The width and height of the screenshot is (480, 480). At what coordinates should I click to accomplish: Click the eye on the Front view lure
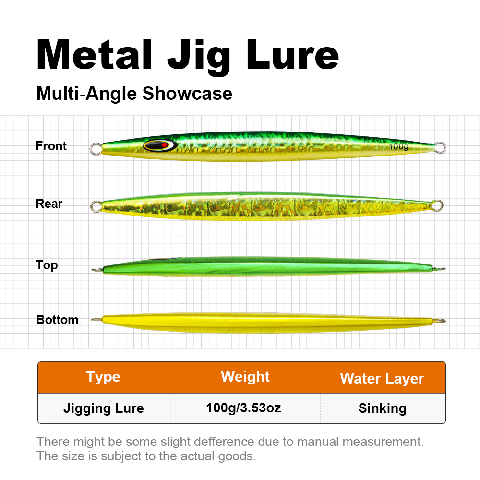(x=160, y=145)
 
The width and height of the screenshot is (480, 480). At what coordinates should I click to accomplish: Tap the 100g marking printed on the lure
(x=398, y=146)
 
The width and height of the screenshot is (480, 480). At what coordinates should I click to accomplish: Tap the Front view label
(x=51, y=146)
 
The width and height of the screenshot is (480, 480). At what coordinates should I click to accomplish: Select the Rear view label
(x=49, y=204)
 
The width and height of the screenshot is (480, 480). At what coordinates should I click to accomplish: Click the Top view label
(x=47, y=265)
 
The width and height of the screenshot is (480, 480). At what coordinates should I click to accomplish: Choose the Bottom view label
(x=57, y=320)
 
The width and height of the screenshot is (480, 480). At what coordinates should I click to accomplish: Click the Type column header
(x=103, y=377)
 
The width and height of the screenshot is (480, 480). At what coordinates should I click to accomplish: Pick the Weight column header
(x=245, y=377)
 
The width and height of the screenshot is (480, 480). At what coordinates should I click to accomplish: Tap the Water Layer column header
(x=382, y=379)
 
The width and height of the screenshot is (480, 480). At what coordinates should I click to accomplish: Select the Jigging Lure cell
(x=104, y=408)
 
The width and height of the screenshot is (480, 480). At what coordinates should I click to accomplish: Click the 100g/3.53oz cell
(x=243, y=408)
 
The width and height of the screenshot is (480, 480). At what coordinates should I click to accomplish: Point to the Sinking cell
(x=383, y=408)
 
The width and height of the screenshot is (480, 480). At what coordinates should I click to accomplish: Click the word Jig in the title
(x=199, y=57)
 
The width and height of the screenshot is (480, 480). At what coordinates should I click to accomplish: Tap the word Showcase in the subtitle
(x=187, y=94)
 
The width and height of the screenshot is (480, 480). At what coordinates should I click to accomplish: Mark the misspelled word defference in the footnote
(x=224, y=442)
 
